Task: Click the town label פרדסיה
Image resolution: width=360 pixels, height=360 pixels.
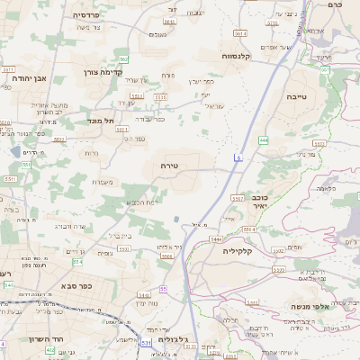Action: (x=86, y=15)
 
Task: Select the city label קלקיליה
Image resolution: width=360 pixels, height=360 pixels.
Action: (x=241, y=252)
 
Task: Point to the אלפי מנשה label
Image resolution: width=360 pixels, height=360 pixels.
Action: (x=308, y=306)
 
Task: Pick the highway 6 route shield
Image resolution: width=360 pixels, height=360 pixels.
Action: (x=238, y=158)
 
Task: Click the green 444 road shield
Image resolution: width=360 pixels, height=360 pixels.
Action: (x=264, y=140)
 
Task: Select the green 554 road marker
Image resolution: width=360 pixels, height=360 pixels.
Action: (x=77, y=262)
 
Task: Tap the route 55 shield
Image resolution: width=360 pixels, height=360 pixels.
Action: (x=163, y=288)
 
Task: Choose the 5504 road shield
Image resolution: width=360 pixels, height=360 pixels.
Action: (x=166, y=256)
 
